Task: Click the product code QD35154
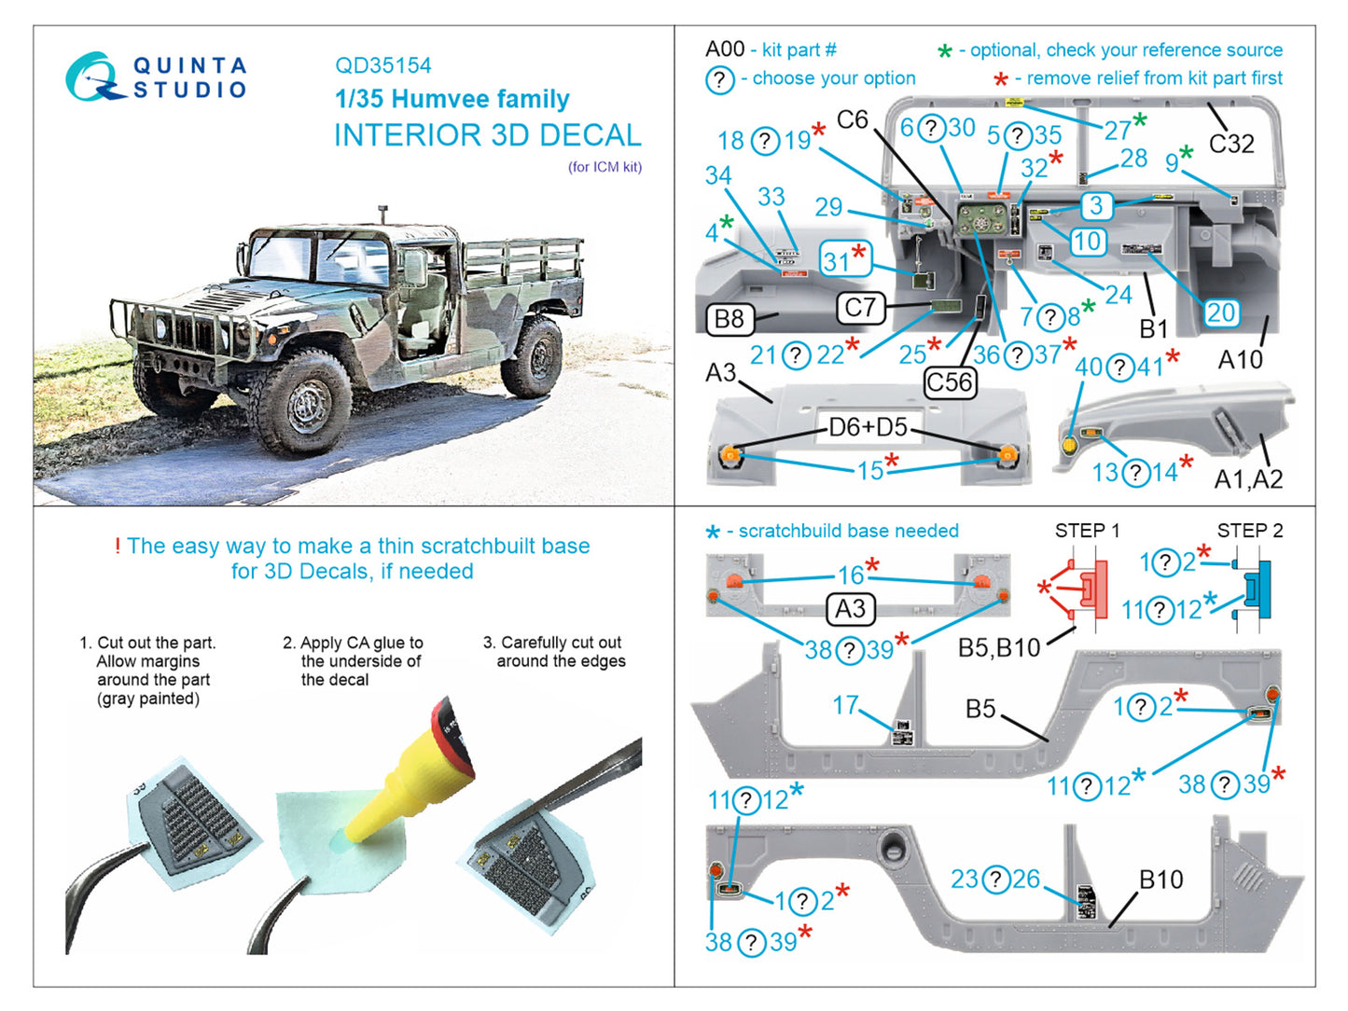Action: tap(382, 65)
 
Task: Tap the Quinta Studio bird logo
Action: tap(92, 77)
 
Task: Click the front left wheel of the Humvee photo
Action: tap(306, 402)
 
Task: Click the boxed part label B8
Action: tap(729, 319)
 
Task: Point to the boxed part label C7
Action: tap(860, 308)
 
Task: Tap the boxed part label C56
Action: tap(950, 381)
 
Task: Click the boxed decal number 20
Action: tap(1220, 312)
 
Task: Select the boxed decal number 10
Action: tap(1087, 242)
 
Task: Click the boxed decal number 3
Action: tap(1097, 205)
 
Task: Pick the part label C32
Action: tap(1231, 144)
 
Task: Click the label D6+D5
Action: tap(868, 427)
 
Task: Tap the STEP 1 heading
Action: tap(1087, 531)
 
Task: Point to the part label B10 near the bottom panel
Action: tap(1160, 879)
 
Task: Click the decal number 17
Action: tap(845, 705)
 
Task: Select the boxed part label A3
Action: tap(850, 609)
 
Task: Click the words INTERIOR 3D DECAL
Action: tap(487, 135)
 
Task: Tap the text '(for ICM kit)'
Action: tap(605, 167)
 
